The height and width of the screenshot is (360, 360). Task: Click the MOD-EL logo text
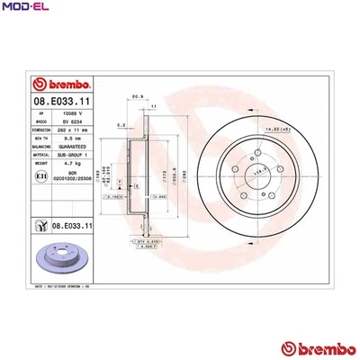[x=25, y=9]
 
